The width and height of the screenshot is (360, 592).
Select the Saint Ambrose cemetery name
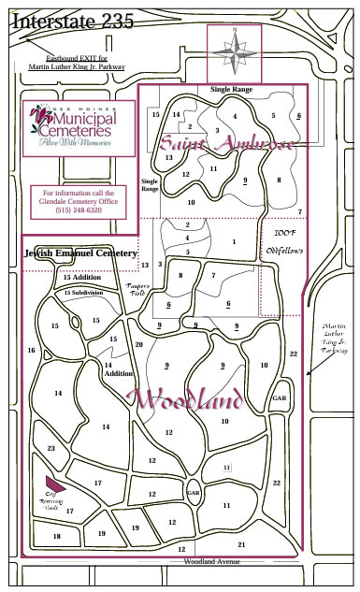tap(227, 144)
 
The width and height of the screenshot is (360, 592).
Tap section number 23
tap(51, 448)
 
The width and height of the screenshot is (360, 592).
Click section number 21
tap(241, 543)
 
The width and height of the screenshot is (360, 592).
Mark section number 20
tap(139, 344)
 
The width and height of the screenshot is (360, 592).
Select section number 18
tap(57, 536)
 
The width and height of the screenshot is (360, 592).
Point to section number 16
tap(32, 350)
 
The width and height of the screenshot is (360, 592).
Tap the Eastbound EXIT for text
tap(77, 59)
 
